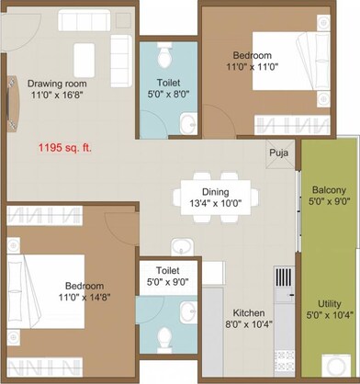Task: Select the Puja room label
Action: (278, 154)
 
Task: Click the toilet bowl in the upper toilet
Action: (164, 58)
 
